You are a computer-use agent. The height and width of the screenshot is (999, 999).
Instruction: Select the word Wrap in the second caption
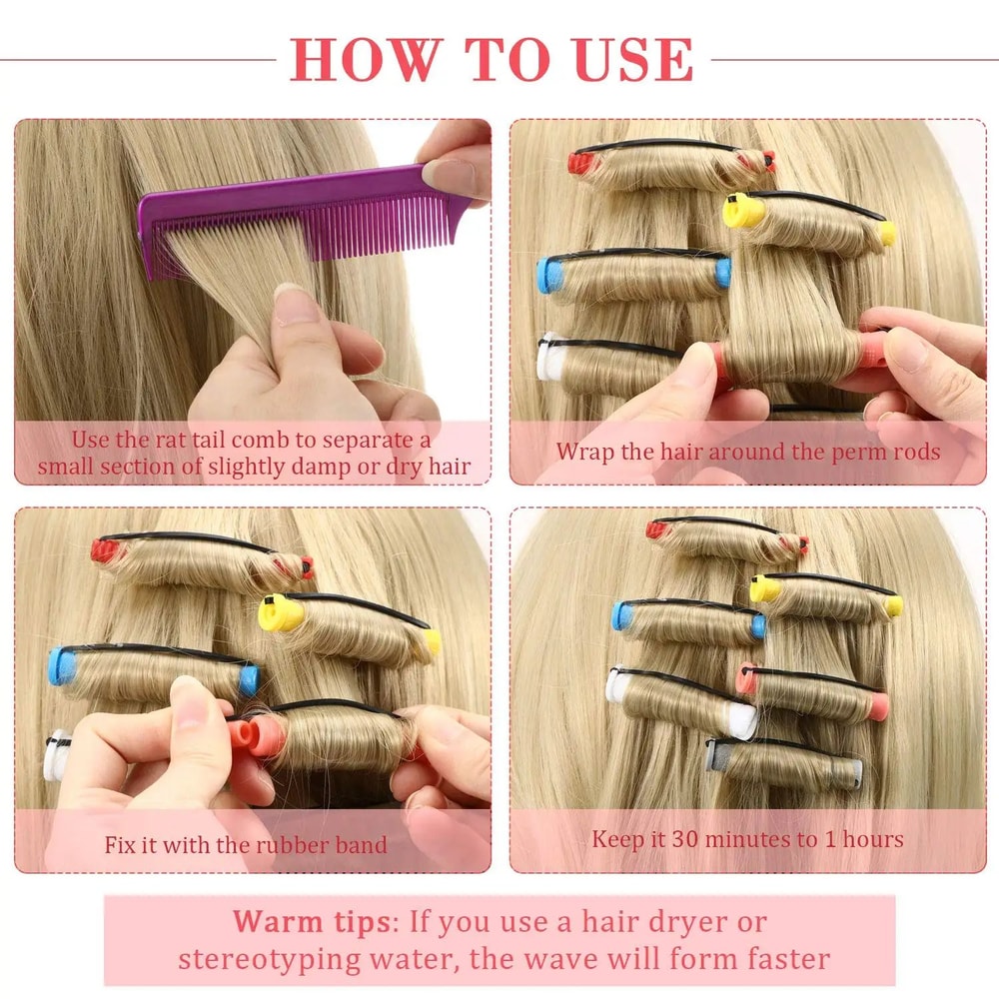coord(584,451)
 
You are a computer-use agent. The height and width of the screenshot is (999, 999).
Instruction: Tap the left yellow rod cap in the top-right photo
coord(738,209)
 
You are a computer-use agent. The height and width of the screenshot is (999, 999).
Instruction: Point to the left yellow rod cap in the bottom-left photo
coord(280,611)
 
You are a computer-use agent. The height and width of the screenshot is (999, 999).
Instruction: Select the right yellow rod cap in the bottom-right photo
coord(892,605)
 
